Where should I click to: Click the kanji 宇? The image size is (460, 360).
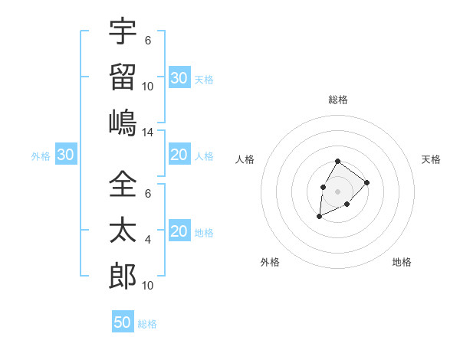pyautogui.click(x=123, y=32)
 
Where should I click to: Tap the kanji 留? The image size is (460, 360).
pyautogui.click(x=123, y=77)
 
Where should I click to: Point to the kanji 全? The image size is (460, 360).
pyautogui.click(x=123, y=185)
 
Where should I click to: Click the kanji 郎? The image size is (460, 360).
pyautogui.click(x=123, y=276)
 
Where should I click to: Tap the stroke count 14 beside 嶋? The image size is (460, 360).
pyautogui.click(x=148, y=133)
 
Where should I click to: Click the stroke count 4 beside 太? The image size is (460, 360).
pyautogui.click(x=148, y=240)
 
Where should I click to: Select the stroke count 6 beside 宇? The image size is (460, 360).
pyautogui.click(x=148, y=41)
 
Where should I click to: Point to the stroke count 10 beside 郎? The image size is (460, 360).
pyautogui.click(x=148, y=286)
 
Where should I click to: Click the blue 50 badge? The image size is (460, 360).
pyautogui.click(x=123, y=322)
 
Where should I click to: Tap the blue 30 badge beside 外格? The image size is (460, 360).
pyautogui.click(x=65, y=155)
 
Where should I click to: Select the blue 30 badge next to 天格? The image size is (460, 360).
pyautogui.click(x=179, y=77)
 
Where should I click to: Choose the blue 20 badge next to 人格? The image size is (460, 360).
pyautogui.click(x=179, y=155)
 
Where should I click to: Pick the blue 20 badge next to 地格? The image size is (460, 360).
pyautogui.click(x=179, y=231)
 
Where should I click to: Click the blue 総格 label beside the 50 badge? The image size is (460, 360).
pyautogui.click(x=147, y=324)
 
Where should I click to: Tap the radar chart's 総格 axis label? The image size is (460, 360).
pyautogui.click(x=337, y=100)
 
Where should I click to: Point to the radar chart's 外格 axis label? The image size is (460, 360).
pyautogui.click(x=270, y=262)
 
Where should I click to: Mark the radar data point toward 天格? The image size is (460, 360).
pyautogui.click(x=367, y=182)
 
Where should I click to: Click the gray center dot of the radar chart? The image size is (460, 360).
pyautogui.click(x=337, y=191)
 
